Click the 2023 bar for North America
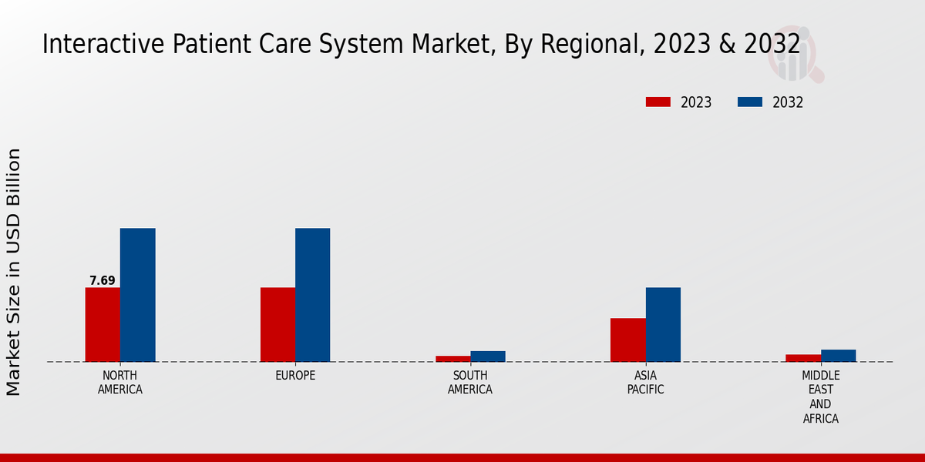tap(103, 324)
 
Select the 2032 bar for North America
tap(137, 295)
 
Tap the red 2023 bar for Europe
tap(277, 324)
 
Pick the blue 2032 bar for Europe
tap(312, 295)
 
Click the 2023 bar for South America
tap(452, 358)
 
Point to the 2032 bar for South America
tap(488, 356)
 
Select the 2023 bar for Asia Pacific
tap(627, 340)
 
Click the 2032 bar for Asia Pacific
tap(663, 324)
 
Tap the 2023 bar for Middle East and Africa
tap(803, 357)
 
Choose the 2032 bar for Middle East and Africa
tap(838, 355)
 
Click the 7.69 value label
tap(103, 280)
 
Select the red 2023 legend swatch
tap(658, 102)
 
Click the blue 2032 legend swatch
tap(749, 102)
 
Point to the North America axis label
tap(120, 383)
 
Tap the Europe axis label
tap(295, 376)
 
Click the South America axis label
tap(470, 383)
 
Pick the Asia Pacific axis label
tap(645, 383)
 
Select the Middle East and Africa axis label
tap(820, 397)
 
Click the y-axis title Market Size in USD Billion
tap(14, 272)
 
